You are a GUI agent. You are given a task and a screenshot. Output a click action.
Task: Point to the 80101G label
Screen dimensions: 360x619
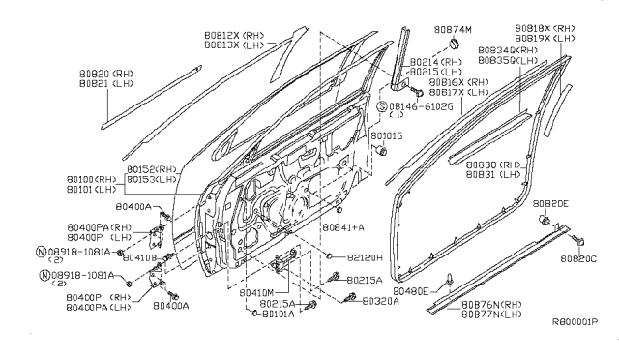pos(386,136)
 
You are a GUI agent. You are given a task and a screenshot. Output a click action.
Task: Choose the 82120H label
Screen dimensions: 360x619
pos(365,257)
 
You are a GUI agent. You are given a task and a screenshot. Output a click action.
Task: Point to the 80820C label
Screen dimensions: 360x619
pos(579,258)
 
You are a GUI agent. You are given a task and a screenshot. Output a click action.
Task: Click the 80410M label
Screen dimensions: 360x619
pos(252,291)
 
